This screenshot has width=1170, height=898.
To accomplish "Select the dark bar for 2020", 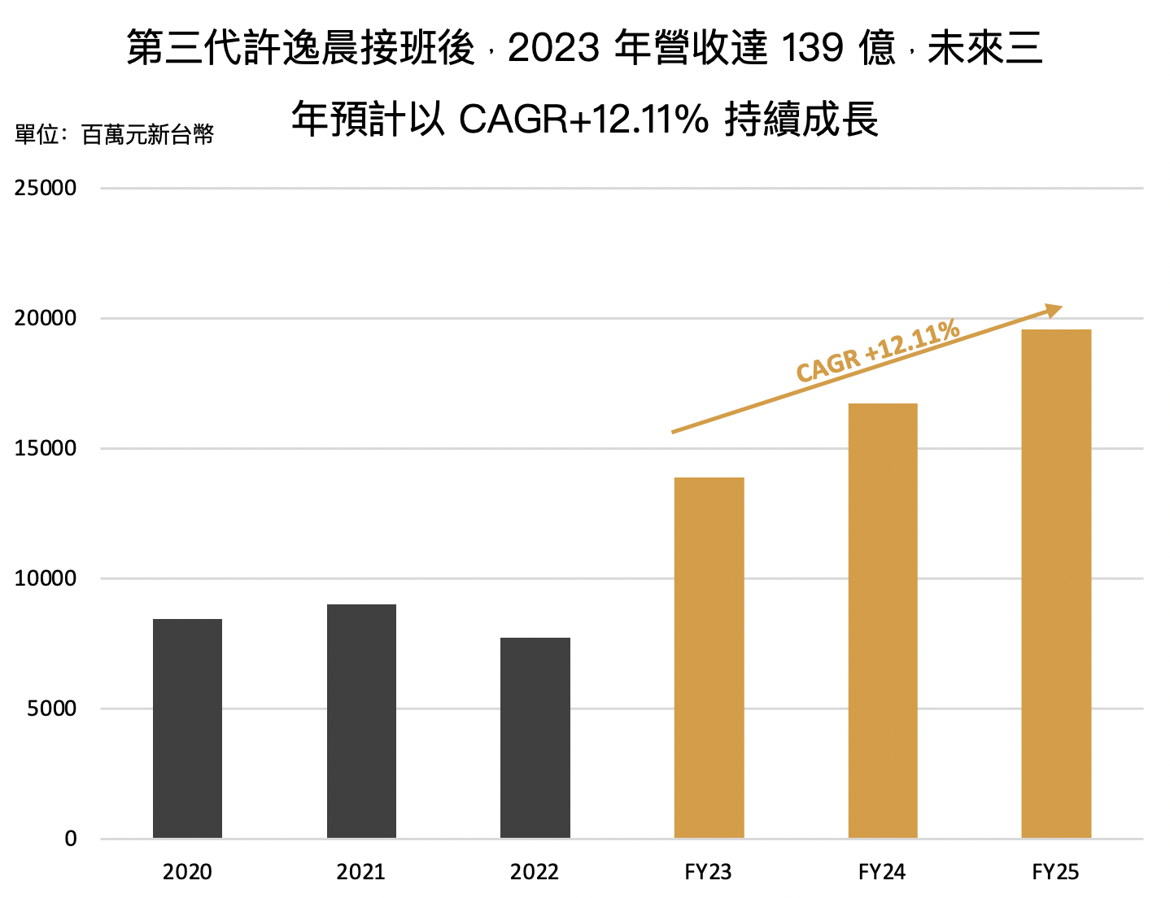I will click(x=187, y=728).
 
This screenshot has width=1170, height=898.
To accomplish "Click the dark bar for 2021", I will click(x=361, y=721).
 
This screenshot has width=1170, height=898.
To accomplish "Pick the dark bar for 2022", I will click(x=535, y=737).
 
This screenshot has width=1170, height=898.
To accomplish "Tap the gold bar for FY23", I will click(x=709, y=657).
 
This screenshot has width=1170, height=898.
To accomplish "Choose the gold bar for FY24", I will click(x=882, y=620).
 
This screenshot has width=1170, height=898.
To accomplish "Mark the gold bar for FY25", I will click(x=1056, y=583).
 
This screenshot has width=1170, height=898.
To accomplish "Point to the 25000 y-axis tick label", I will click(x=46, y=188).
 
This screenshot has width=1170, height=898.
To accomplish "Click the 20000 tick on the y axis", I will click(x=46, y=318).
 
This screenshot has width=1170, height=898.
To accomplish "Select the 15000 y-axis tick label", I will click(x=46, y=448).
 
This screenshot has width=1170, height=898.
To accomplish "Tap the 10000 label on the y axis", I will click(x=46, y=578).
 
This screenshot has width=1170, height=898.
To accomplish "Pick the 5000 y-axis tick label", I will click(x=52, y=708).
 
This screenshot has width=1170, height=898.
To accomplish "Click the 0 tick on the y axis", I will click(x=71, y=839).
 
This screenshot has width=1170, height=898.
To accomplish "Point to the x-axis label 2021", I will click(x=361, y=872).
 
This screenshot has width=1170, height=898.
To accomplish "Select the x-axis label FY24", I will click(x=882, y=872).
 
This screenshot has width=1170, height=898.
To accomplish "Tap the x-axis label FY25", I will click(x=1056, y=872).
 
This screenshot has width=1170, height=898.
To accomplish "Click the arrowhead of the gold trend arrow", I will click(x=1054, y=310).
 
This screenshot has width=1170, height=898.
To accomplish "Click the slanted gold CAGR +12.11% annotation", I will click(x=877, y=351).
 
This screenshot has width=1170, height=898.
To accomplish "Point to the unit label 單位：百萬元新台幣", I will click(x=115, y=134).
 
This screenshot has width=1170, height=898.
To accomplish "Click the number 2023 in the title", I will click(x=553, y=49).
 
